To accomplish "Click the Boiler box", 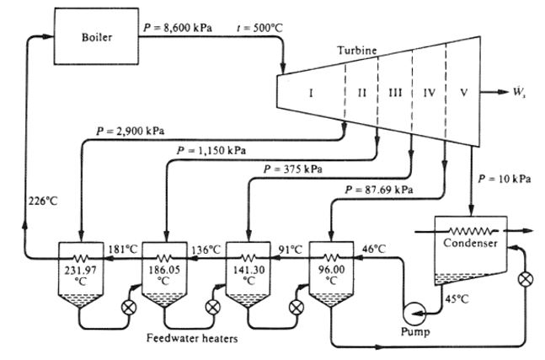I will tap(96, 37).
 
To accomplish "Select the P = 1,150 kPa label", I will tap(212, 150).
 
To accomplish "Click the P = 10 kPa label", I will tap(505, 179).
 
